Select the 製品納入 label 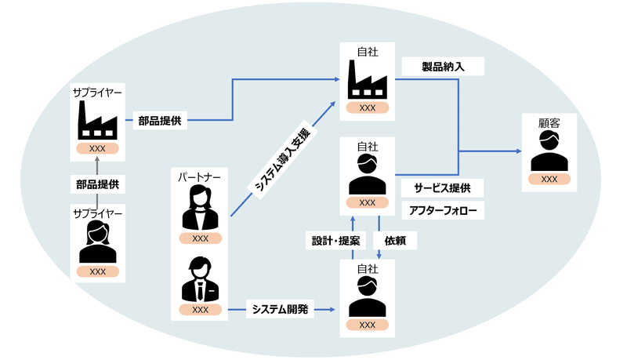[x=443, y=67]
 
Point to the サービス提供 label [x=442, y=188]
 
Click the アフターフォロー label [x=442, y=211]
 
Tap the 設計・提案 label [x=332, y=239]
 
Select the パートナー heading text [x=200, y=176]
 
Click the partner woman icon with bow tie [x=200, y=209]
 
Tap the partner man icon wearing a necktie [x=200, y=279]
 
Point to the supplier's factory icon [x=97, y=121]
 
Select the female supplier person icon [x=97, y=242]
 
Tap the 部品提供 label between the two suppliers [x=97, y=184]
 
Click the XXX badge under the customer [x=549, y=180]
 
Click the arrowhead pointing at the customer [x=518, y=151]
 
